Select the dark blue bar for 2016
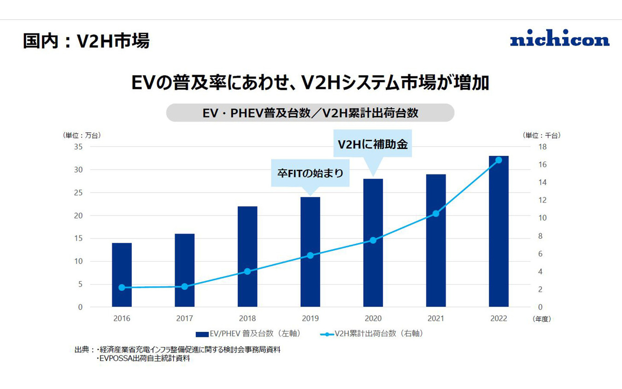pos(122,275)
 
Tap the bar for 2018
pos(247,256)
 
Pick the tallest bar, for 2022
pos(499,231)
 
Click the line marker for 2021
pos(436,213)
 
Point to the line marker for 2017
pos(184,286)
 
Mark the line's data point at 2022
pos(499,160)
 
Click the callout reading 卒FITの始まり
pos(310,173)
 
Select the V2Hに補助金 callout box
pos(373,144)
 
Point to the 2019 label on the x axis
pos(310,318)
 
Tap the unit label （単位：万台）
pos(82,136)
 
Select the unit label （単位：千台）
pos(541,136)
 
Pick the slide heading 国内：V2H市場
pos(86,41)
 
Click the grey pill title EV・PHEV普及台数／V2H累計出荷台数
pos(310,113)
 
